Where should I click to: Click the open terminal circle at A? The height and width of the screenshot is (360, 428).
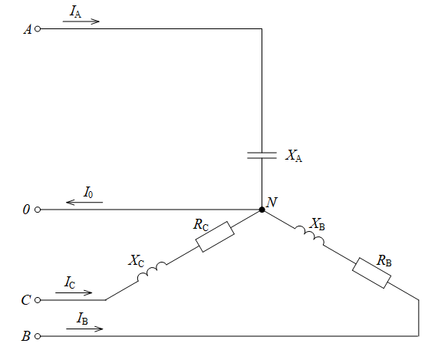coord(38,28)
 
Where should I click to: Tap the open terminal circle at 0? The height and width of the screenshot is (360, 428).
coord(38,210)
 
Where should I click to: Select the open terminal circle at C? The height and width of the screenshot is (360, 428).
coord(38,300)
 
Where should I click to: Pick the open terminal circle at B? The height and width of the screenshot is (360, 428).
coord(38,336)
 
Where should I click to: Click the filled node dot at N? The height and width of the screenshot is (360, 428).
coord(262,210)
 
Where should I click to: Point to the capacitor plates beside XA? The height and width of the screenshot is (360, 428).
coord(262,155)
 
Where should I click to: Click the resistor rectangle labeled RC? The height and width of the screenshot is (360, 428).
coord(215,237)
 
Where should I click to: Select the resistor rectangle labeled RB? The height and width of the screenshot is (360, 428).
coord(371,272)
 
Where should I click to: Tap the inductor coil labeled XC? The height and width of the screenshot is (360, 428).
coord(152,271)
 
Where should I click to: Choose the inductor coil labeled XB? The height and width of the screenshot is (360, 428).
coord(310,236)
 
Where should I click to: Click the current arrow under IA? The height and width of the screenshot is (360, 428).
coord(81,21)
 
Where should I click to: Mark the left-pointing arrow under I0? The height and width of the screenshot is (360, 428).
coord(84,202)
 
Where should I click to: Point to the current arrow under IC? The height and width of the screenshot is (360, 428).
coord(74,292)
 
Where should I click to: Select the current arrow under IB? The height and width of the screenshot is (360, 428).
coord(84,329)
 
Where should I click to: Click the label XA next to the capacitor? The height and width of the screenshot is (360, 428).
coord(294,156)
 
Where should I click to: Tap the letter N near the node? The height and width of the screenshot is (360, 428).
coord(272,203)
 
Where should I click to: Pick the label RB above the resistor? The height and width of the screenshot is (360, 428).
coord(384,260)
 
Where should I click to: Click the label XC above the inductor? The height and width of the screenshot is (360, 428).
coord(137,261)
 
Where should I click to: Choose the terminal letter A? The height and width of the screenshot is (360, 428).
coord(28,29)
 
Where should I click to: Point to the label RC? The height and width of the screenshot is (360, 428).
coord(201,225)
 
